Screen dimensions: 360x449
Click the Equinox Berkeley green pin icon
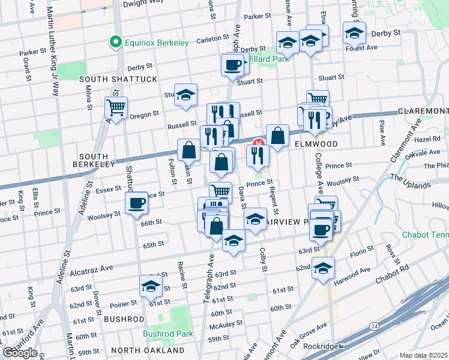(114, 42)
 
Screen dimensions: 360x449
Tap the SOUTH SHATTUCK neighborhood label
(118, 79)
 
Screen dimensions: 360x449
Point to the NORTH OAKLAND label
(148, 350)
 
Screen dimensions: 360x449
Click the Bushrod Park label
(168, 334)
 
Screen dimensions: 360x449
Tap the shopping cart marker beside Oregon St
(116, 108)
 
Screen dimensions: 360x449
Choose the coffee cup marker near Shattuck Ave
(136, 203)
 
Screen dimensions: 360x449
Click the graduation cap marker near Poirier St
(151, 286)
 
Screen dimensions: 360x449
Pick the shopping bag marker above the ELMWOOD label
(277, 136)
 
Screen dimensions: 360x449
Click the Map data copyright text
(423, 355)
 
